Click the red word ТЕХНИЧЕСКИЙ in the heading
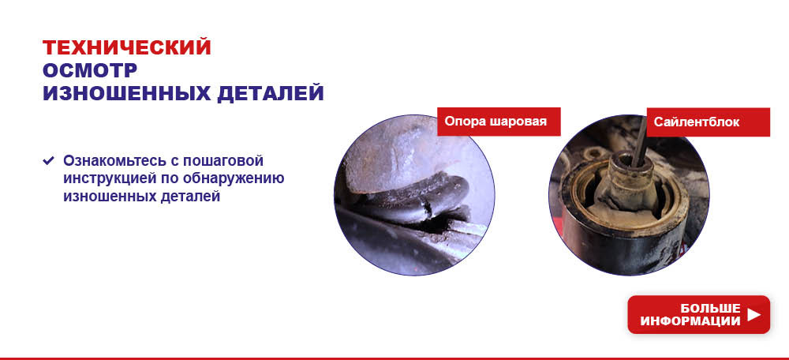click(x=127, y=47)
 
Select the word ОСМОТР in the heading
click(x=90, y=70)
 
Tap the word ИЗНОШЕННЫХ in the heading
click(x=127, y=94)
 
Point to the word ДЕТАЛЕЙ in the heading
click(x=271, y=94)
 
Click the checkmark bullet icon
click(x=48, y=160)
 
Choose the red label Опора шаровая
click(x=499, y=122)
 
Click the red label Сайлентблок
click(x=708, y=122)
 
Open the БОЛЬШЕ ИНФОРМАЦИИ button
click(x=698, y=315)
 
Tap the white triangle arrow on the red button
click(x=753, y=315)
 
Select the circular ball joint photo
click(x=414, y=195)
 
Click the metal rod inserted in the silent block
click(x=639, y=142)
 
